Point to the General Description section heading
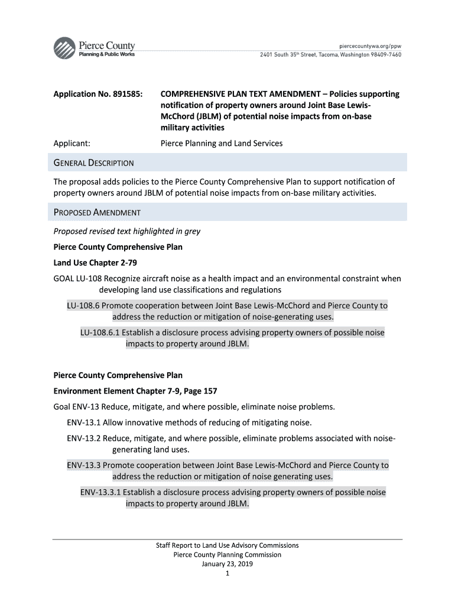click(93, 162)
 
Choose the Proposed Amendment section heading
click(97, 212)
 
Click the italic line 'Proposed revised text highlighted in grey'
click(126, 231)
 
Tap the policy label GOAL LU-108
click(78, 278)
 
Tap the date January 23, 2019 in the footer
click(227, 564)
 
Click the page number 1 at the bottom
click(227, 573)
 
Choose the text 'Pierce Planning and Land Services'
click(222, 143)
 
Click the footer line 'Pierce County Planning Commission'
click(227, 555)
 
